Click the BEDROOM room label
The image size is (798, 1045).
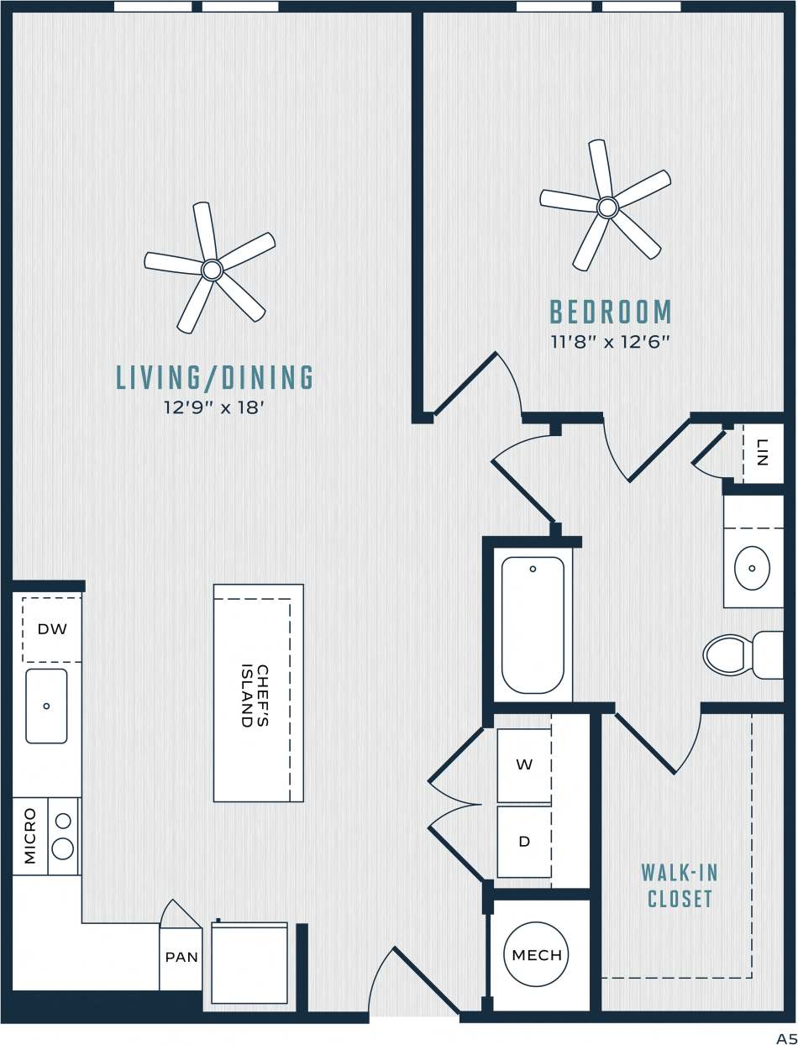click(611, 312)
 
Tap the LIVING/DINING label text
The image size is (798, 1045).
click(215, 378)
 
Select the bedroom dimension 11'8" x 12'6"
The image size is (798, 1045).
click(611, 342)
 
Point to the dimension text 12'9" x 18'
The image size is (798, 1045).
click(215, 408)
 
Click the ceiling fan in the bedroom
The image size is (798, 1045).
click(606, 206)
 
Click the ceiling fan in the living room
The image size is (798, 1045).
click(211, 269)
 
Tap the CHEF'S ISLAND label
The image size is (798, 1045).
click(255, 696)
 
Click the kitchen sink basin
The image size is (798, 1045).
click(46, 706)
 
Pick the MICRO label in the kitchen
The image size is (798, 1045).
click(30, 836)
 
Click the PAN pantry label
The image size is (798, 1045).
click(181, 957)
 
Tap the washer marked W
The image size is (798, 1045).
click(524, 764)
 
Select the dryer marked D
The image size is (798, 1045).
click(524, 841)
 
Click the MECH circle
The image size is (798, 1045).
click(537, 955)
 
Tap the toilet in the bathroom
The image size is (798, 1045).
click(739, 654)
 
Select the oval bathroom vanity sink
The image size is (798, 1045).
click(752, 569)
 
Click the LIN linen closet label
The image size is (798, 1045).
click(763, 452)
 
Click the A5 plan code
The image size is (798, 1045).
click(785, 1037)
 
